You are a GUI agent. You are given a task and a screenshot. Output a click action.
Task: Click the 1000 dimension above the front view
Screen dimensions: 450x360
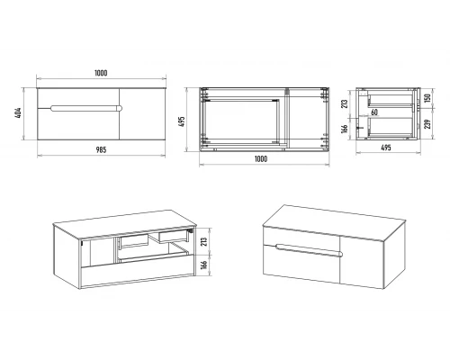tap(101, 73)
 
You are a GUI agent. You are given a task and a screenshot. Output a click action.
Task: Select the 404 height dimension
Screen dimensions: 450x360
tap(19, 113)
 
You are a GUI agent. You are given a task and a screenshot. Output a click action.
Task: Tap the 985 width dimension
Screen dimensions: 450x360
tap(101, 149)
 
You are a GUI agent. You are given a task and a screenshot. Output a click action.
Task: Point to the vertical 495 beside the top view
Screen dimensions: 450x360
tap(182, 121)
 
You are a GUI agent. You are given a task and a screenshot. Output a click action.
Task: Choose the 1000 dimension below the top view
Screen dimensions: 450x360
tap(261, 158)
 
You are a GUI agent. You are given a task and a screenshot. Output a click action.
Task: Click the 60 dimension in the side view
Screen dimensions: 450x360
tap(374, 112)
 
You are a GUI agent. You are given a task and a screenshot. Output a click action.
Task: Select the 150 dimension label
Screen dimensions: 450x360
tap(427, 98)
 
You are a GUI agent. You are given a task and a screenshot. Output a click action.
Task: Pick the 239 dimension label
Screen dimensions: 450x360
tap(427, 124)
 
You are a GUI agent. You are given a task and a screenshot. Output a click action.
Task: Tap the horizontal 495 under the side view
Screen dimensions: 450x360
tap(386, 148)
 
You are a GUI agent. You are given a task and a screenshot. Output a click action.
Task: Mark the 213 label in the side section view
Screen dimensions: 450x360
tap(345, 103)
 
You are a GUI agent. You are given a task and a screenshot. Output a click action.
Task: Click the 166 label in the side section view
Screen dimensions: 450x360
tap(345, 129)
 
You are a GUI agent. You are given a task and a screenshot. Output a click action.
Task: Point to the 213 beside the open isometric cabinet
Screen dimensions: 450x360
tap(203, 242)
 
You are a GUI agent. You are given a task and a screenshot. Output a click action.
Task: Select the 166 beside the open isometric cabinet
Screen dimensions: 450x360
tap(203, 265)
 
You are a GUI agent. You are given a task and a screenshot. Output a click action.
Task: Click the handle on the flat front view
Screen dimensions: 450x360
tap(86, 108)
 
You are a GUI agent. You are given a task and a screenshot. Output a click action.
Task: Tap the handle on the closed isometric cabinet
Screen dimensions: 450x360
tap(309, 250)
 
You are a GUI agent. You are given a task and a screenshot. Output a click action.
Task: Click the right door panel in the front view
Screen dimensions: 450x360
tap(142, 114)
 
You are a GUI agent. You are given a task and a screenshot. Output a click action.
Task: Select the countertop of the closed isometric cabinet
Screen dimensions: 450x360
tap(334, 222)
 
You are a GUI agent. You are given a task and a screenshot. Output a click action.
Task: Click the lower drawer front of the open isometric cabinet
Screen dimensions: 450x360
tap(137, 274)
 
